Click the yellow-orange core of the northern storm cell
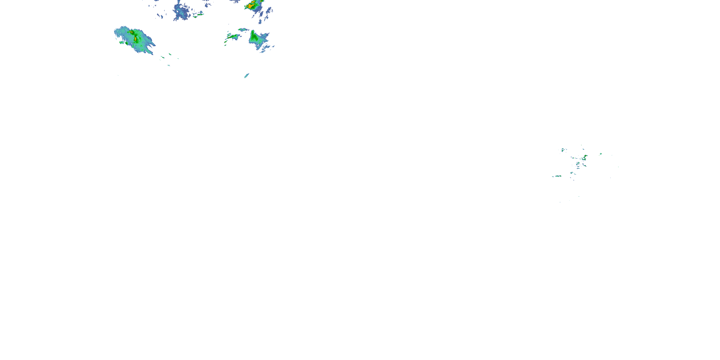(250, 6)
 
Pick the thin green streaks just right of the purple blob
(198, 15)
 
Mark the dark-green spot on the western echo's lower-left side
(127, 43)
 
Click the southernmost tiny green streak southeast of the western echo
(168, 66)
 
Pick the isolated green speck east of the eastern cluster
(601, 154)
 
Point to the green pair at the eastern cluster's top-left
(564, 150)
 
